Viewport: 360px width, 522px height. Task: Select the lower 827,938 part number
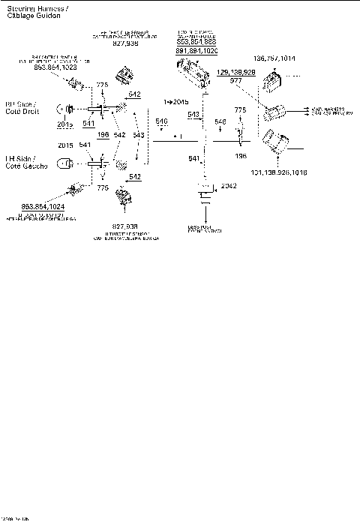pos(127,226)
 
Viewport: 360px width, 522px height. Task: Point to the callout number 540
pos(161,121)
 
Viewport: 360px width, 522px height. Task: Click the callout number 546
pos(220,121)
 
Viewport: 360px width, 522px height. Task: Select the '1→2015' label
pos(176,100)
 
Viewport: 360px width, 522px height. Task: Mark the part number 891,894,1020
pos(196,49)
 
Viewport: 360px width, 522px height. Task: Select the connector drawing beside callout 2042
pos(205,193)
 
